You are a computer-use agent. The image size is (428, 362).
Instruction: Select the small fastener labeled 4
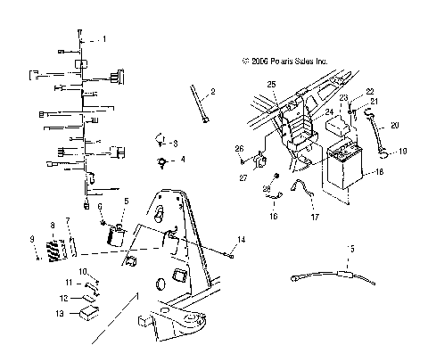tap(161, 162)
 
